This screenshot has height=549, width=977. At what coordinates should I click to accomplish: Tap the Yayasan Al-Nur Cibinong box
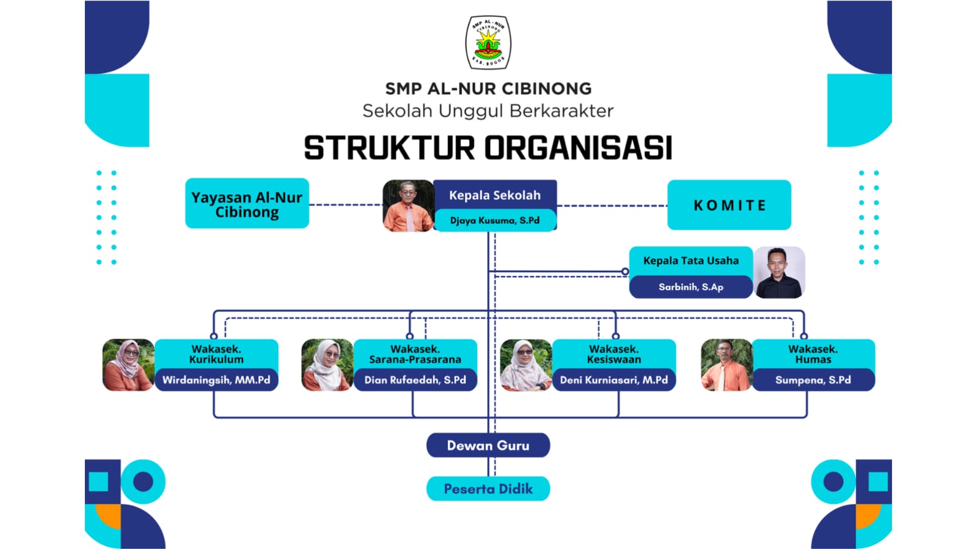(x=247, y=204)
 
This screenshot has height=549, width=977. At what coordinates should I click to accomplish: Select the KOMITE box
(x=729, y=205)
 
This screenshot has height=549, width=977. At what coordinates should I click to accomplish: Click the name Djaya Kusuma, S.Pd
(x=494, y=220)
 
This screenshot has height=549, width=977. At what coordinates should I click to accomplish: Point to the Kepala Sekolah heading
(x=494, y=195)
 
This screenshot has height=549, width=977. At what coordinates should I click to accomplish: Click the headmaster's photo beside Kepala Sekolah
(x=408, y=206)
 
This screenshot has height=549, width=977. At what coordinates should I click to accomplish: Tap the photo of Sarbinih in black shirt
(x=778, y=272)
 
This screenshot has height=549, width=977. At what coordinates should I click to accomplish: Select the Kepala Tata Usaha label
(x=690, y=261)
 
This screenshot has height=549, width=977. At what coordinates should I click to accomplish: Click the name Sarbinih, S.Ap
(x=690, y=287)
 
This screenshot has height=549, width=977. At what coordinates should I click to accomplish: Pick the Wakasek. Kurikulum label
(x=216, y=354)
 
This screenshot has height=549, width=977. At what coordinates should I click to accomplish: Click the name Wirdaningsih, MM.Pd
(x=216, y=380)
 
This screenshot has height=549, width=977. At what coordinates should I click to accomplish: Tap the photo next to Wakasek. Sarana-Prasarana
(x=327, y=365)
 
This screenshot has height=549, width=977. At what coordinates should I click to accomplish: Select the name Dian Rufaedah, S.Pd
(x=415, y=380)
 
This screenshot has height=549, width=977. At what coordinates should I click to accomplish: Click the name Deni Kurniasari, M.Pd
(x=613, y=380)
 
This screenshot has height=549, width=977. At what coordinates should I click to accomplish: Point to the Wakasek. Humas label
(x=813, y=354)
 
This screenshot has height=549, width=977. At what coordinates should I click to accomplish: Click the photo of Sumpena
(x=726, y=365)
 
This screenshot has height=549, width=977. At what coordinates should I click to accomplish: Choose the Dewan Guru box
(x=488, y=445)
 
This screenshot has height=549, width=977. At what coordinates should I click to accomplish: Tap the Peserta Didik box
(x=488, y=489)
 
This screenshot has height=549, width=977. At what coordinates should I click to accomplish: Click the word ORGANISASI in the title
(x=578, y=148)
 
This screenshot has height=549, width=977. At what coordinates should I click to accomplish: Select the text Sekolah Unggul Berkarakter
(x=488, y=111)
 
